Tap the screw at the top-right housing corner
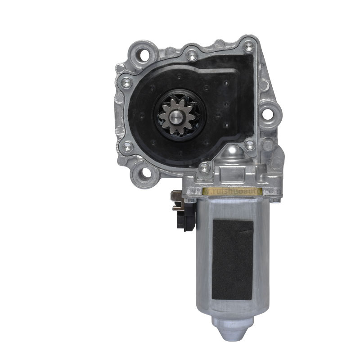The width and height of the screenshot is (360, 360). (248, 45)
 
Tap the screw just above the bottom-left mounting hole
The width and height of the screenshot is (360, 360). (127, 146)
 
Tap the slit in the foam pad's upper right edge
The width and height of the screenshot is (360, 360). (247, 227)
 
